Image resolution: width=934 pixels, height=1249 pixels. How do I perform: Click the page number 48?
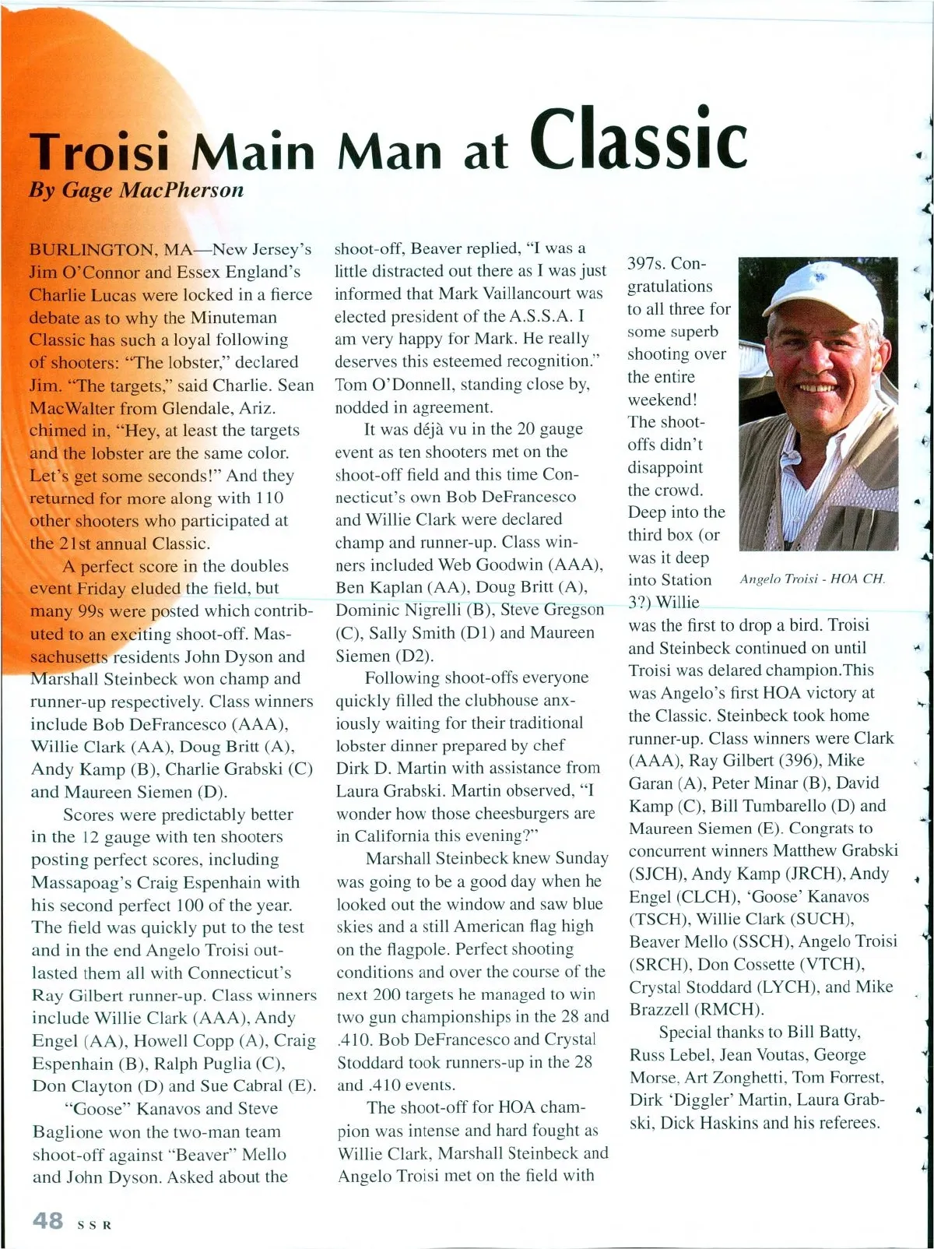click(47, 1219)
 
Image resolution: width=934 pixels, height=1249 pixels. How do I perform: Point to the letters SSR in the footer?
click(95, 1224)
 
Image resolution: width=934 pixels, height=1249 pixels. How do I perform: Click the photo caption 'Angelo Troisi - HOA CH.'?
click(812, 579)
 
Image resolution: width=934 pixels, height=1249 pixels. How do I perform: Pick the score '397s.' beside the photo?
click(648, 264)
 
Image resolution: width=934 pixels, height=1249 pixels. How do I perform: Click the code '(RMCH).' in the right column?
click(732, 1009)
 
